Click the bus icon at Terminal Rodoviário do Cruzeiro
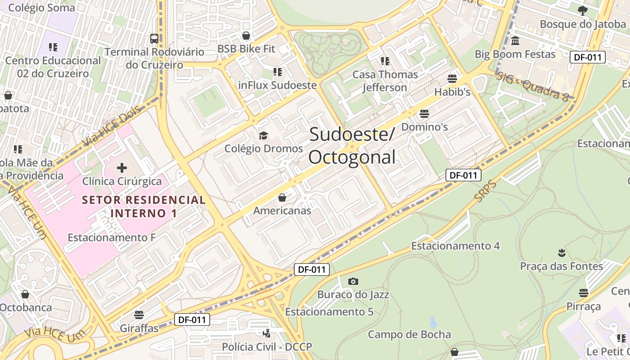pyautogui.click(x=154, y=38)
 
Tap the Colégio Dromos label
pyautogui.click(x=264, y=148)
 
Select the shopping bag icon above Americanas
pyautogui.click(x=282, y=198)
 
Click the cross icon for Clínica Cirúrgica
pyautogui.click(x=122, y=168)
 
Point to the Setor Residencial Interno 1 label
pyautogui.click(x=144, y=206)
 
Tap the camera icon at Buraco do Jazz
pyautogui.click(x=353, y=282)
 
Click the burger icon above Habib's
pyautogui.click(x=452, y=79)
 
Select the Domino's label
pyautogui.click(x=424, y=127)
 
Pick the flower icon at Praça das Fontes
pyautogui.click(x=561, y=252)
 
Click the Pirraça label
pyautogui.click(x=584, y=306)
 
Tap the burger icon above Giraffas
pyautogui.click(x=139, y=315)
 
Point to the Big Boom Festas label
pyautogui.click(x=515, y=54)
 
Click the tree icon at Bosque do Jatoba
pyautogui.click(x=583, y=10)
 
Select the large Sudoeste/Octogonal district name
pyautogui.click(x=352, y=146)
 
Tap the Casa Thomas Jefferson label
pyautogui.click(x=385, y=81)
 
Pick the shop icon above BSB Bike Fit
pyautogui.click(x=246, y=36)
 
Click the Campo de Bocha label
pyautogui.click(x=409, y=334)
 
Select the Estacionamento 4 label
pyautogui.click(x=455, y=246)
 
